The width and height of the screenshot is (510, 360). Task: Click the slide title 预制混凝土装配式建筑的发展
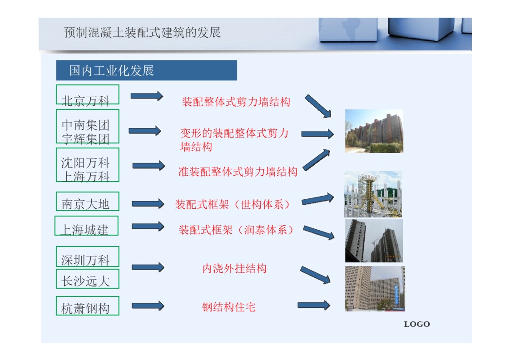(142, 33)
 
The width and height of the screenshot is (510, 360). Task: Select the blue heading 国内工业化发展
(112, 70)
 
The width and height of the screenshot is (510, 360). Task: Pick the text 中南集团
(85, 125)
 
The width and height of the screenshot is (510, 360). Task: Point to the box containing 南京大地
(88, 201)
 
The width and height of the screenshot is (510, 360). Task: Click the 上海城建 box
(87, 226)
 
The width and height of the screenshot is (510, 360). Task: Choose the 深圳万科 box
(88, 256)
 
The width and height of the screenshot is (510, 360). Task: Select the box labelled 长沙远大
(88, 279)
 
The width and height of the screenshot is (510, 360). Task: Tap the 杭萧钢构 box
(88, 306)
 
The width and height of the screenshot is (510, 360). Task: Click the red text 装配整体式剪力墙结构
(236, 102)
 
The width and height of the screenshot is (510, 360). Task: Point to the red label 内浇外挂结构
(234, 269)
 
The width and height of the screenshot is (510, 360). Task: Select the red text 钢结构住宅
(229, 307)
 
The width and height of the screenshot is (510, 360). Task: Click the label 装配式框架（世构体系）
(232, 205)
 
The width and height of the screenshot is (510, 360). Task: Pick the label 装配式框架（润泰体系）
(236, 230)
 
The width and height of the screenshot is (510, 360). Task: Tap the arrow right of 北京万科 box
(147, 96)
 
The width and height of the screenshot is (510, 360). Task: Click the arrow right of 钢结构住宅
(314, 305)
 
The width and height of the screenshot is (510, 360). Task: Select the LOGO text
(417, 324)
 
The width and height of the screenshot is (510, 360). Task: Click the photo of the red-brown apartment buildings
(374, 131)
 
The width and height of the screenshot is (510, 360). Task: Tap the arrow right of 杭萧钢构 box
(148, 306)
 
